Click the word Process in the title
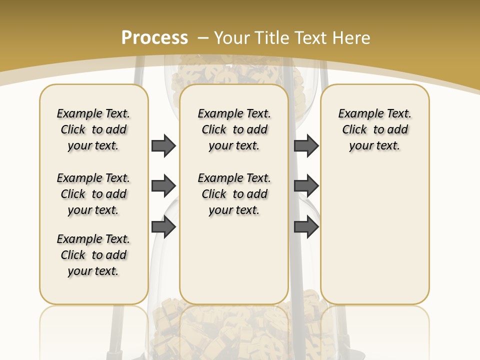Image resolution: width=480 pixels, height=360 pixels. click(x=154, y=37)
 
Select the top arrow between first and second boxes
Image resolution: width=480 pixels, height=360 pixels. click(x=163, y=145)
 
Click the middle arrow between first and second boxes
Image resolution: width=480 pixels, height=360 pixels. click(x=163, y=186)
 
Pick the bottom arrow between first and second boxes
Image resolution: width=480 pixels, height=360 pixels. click(x=163, y=227)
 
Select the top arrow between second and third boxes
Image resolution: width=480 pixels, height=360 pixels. click(x=306, y=145)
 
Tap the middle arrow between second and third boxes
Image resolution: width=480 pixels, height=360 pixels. click(x=306, y=186)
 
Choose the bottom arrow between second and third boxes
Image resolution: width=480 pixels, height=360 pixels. click(x=306, y=227)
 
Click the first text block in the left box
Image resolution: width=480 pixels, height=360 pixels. click(x=93, y=129)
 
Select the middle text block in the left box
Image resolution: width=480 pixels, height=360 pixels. click(x=93, y=194)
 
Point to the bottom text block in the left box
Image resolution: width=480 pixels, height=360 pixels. click(x=93, y=255)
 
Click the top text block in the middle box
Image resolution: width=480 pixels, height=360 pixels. click(x=234, y=129)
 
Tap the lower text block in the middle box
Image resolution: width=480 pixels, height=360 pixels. click(x=234, y=194)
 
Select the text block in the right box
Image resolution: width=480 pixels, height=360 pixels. click(x=375, y=129)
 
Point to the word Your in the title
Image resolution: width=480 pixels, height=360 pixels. click(x=232, y=37)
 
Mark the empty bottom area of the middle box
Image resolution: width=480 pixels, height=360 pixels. click(x=234, y=260)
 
